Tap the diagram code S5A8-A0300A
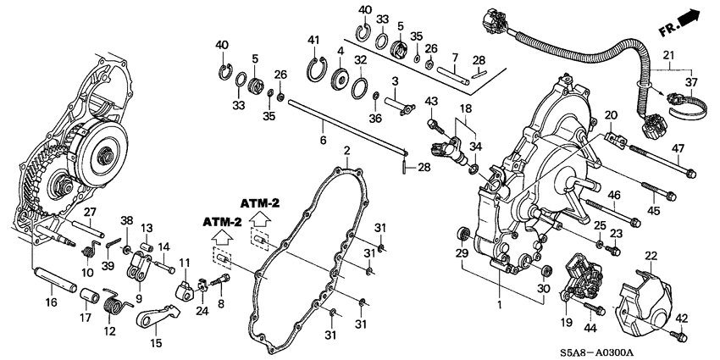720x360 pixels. click(596, 352)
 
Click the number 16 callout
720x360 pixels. click(51, 302)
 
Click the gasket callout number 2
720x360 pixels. click(346, 150)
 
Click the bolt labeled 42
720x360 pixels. click(678, 335)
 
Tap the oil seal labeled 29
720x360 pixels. click(464, 234)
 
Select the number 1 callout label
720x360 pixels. click(500, 304)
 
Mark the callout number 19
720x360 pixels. click(566, 324)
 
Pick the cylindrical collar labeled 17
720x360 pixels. click(90, 295)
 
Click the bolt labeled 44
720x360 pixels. click(594, 308)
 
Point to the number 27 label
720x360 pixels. click(90, 212)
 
